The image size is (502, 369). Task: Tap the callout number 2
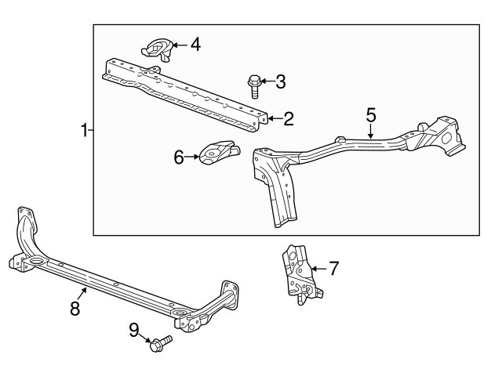(x=288, y=119)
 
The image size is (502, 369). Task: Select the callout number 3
(x=281, y=81)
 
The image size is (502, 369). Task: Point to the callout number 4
(x=195, y=45)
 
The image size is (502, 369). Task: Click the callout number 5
(x=371, y=115)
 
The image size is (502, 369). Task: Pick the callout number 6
(x=179, y=157)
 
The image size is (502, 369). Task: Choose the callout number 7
(x=333, y=270)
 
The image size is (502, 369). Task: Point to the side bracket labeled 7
(x=299, y=271)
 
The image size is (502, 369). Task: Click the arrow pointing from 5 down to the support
(x=371, y=132)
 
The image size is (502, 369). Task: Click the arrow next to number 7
(x=318, y=270)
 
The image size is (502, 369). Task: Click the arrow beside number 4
(x=179, y=45)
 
